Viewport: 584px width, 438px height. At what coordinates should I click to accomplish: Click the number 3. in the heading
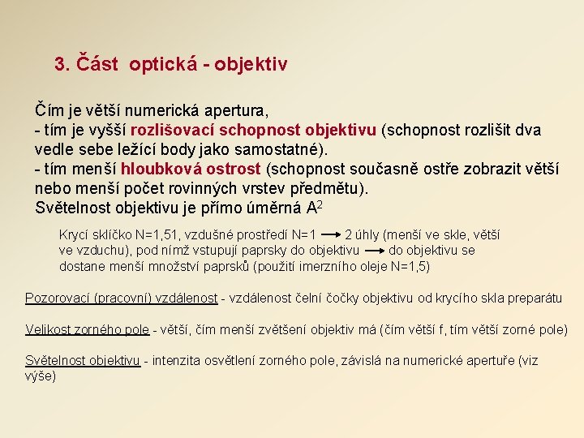pos(62,63)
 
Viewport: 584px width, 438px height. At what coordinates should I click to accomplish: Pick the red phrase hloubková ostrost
pos(191,169)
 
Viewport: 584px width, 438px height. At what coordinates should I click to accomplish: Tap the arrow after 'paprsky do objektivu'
pos(373,251)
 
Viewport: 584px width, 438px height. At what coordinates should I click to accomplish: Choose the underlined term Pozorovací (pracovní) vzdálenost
pos(121,298)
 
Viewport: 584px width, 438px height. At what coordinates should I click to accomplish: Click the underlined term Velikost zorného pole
pos(87,330)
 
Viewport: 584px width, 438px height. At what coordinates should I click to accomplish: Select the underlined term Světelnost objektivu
pos(83,361)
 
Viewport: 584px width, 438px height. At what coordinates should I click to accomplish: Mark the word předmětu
pos(328,188)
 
